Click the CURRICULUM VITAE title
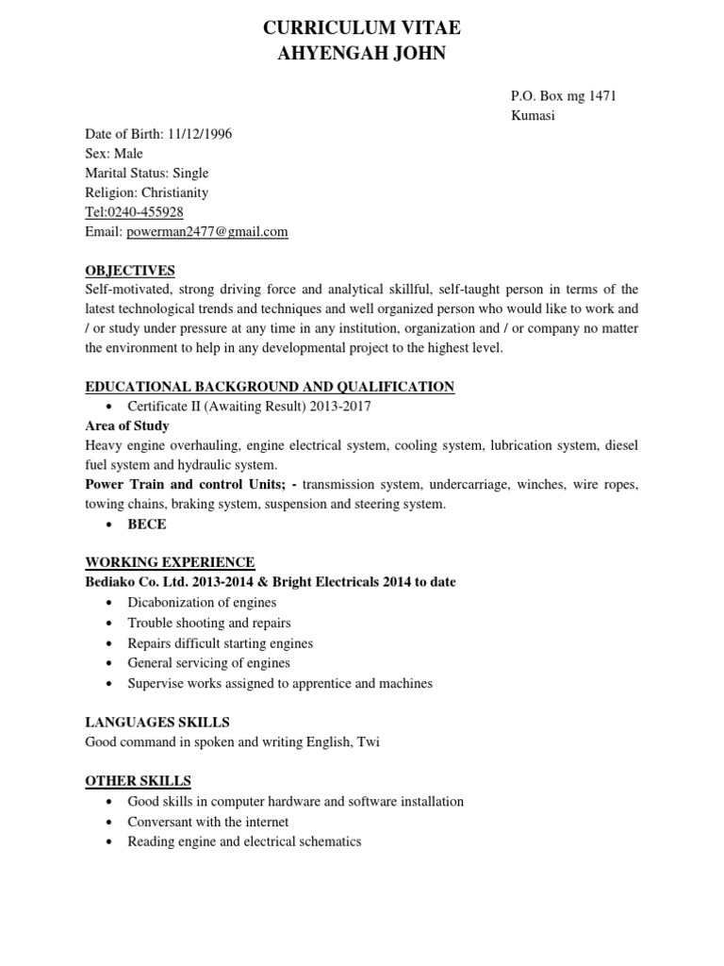coord(362,29)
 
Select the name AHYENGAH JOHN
coord(362,54)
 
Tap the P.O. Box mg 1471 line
coord(564,95)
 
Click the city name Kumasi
coord(533,115)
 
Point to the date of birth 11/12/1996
coord(200,133)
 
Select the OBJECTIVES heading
coord(130,270)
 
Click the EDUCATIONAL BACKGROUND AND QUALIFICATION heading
coord(270,386)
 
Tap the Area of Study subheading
coord(127,425)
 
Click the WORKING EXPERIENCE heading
coord(170,562)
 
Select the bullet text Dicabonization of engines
coord(202,602)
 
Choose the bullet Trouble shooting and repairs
coord(209,623)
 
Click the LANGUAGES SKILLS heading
coord(157,722)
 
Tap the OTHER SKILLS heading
coord(138,780)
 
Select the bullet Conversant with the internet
coord(208,822)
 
